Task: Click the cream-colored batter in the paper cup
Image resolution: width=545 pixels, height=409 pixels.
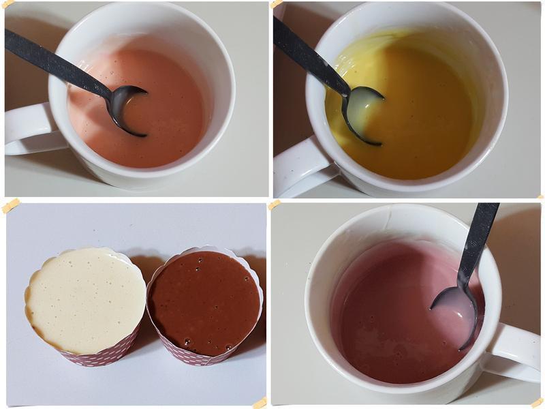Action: pos(85,300)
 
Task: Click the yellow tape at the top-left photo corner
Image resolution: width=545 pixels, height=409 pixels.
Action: pos(7,5)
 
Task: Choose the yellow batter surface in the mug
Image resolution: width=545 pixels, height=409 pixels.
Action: pos(422,130)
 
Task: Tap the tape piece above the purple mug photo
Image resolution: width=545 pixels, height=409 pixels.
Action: pos(275,204)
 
